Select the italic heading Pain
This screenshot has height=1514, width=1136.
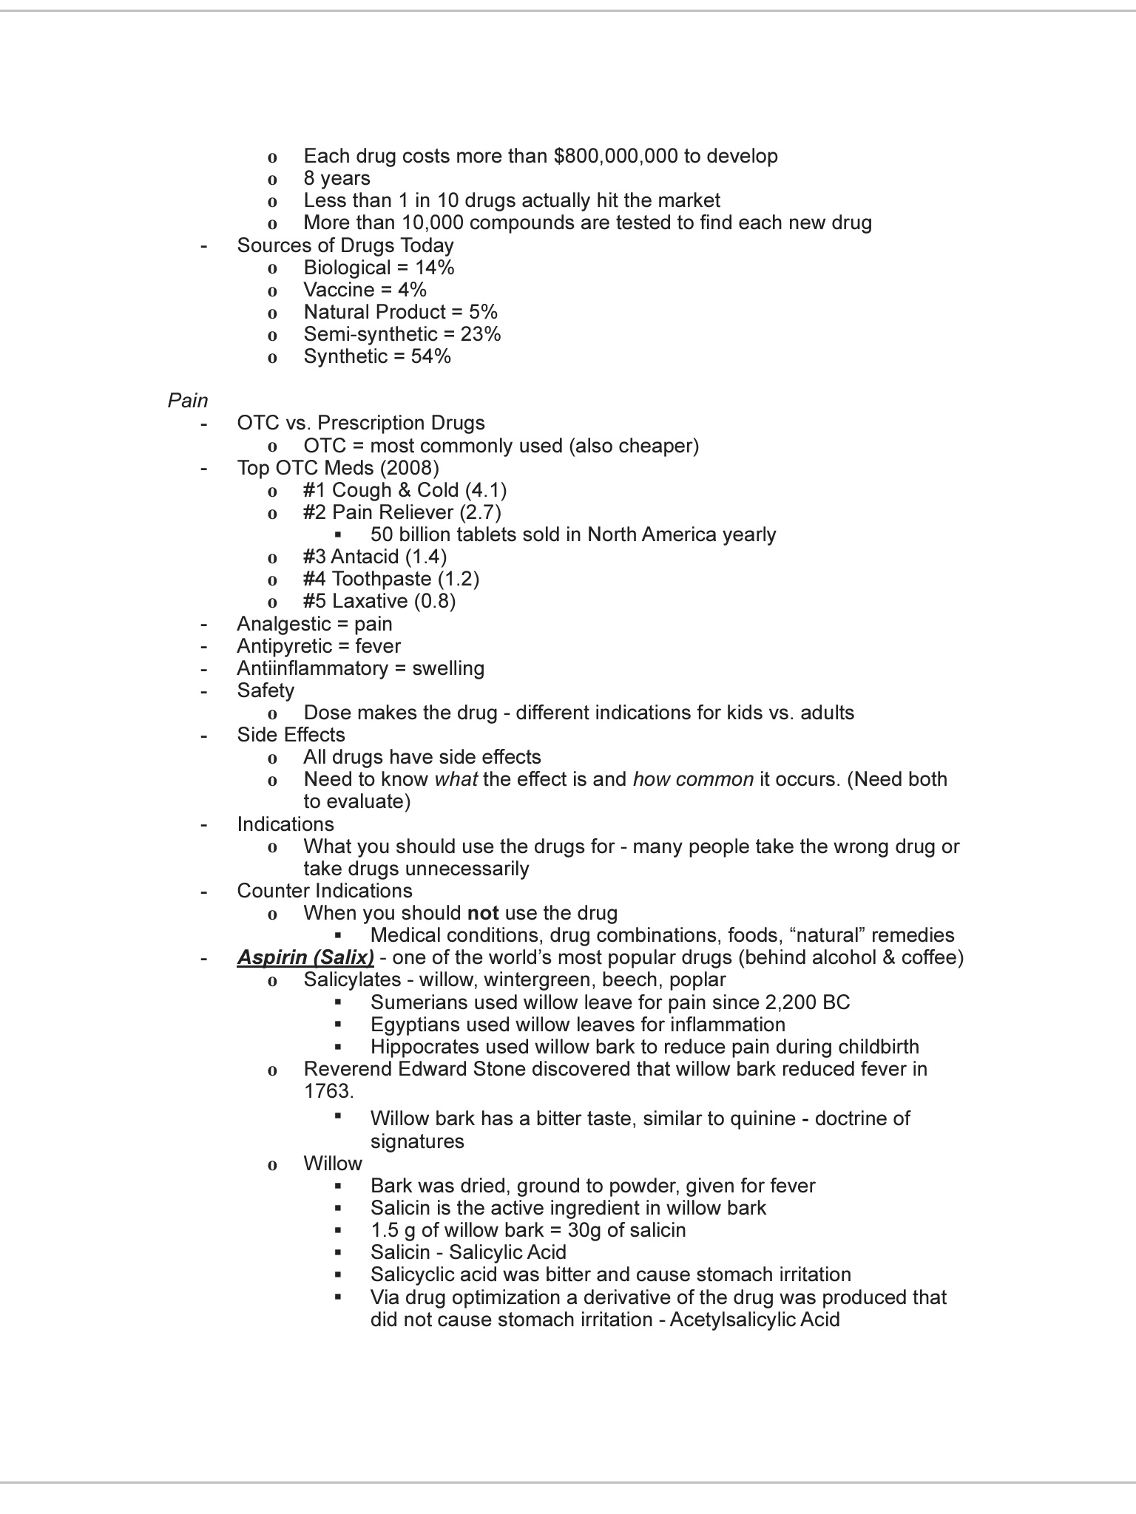click(188, 401)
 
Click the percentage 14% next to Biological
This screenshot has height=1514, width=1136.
click(434, 268)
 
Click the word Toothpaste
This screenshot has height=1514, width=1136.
click(381, 579)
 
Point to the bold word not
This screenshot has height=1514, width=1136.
click(483, 913)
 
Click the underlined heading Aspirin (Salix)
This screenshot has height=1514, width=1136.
click(305, 957)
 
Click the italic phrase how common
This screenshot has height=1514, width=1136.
click(693, 779)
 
